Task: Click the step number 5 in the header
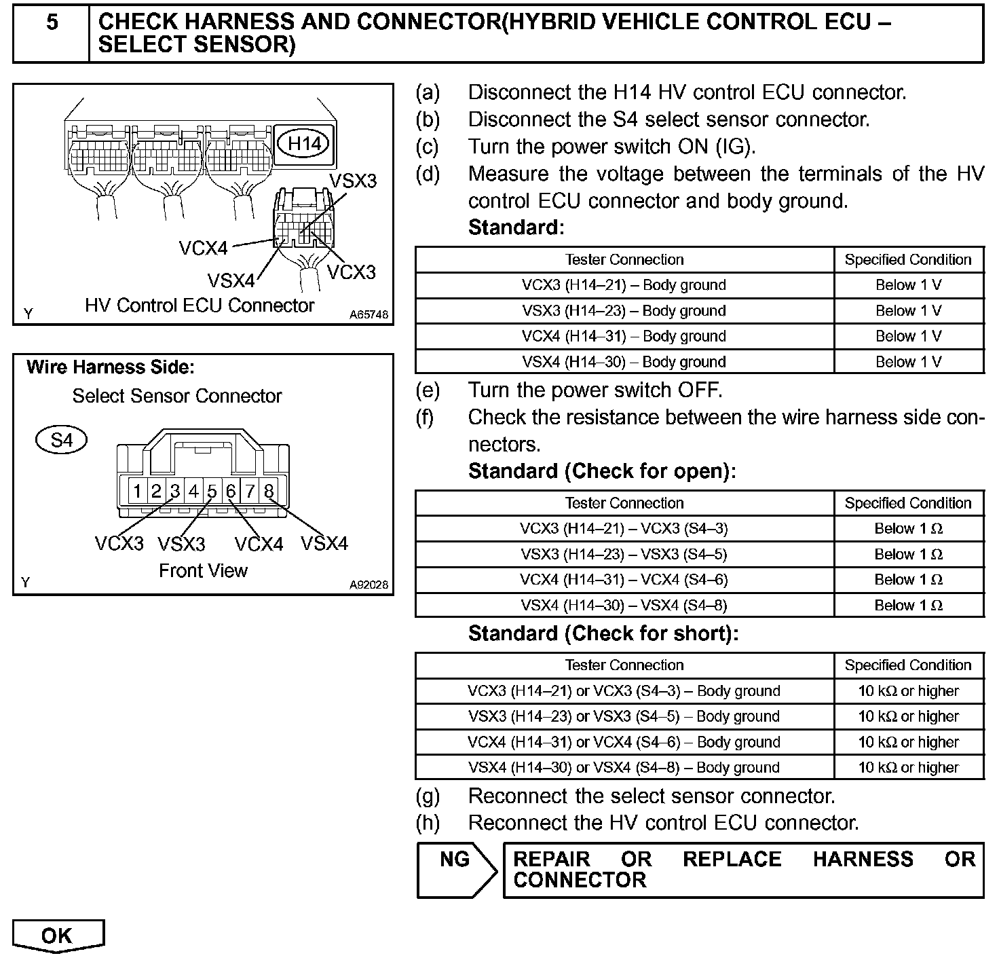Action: tap(52, 23)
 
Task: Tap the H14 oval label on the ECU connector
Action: tap(305, 143)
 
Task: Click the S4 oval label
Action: tap(61, 441)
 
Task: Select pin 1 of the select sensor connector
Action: tap(137, 491)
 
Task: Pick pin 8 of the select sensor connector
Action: tap(269, 491)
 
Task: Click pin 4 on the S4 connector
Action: tap(193, 491)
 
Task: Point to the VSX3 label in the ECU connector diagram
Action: tap(352, 181)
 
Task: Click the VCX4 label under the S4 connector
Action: tap(259, 544)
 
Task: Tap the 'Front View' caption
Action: tap(203, 571)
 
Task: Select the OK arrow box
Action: tap(58, 936)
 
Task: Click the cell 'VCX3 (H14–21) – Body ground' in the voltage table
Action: tap(624, 285)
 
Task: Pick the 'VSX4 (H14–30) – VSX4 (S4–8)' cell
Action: tap(624, 606)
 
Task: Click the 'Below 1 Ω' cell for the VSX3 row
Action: tap(908, 554)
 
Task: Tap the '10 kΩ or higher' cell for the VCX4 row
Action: tap(908, 742)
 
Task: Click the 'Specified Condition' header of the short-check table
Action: tap(908, 665)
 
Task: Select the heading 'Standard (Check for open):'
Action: tap(601, 471)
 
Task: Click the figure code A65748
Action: tap(369, 314)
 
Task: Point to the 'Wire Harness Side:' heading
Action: tap(110, 368)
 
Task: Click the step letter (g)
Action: tap(428, 796)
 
